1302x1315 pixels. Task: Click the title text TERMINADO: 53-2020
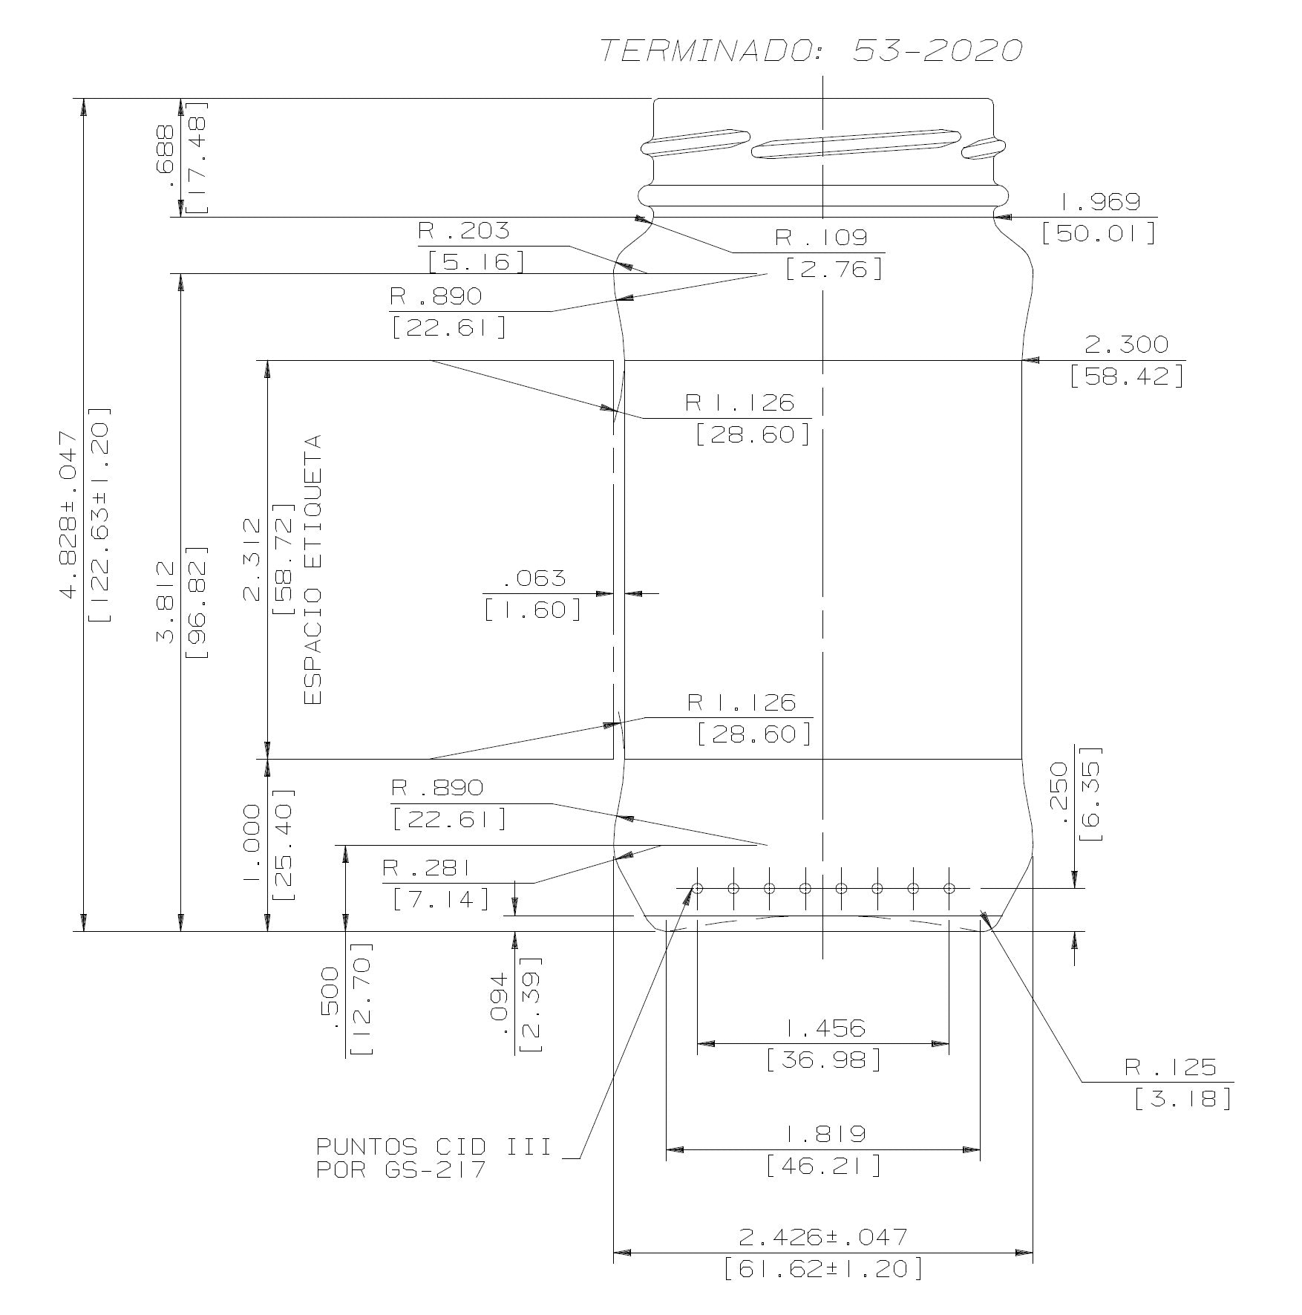811,50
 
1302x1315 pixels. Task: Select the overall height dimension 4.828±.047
69,513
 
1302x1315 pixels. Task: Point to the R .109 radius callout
821,238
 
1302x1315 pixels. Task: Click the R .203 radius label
464,231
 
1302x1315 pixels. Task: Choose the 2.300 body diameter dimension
1126,345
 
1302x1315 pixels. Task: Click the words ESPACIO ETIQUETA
313,570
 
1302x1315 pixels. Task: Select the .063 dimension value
534,578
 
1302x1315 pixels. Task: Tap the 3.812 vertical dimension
166,601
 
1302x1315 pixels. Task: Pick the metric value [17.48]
197,157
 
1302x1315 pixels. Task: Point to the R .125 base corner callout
1171,1068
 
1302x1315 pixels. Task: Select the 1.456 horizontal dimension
824,1028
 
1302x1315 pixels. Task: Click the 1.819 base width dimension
824,1135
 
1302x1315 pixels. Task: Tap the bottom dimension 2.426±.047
823,1237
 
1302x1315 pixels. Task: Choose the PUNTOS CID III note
434,1147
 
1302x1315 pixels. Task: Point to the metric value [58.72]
284,558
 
